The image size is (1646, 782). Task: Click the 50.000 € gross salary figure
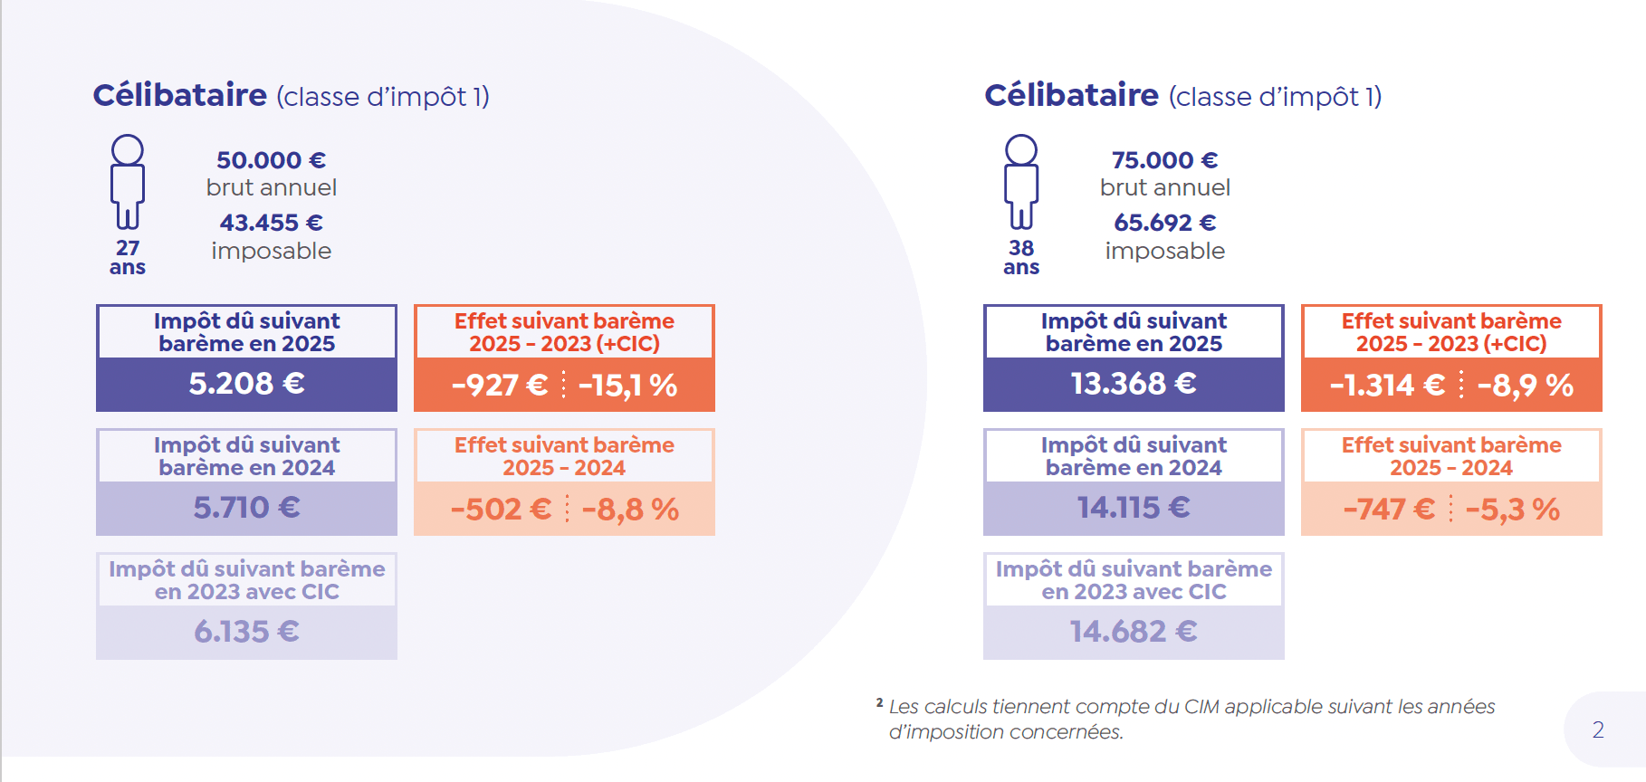(x=271, y=160)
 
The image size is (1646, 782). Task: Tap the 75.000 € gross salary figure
(x=1164, y=160)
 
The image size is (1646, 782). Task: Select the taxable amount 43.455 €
(x=271, y=223)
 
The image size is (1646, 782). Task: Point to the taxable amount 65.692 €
(x=1164, y=223)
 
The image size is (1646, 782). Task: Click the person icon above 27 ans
(x=128, y=181)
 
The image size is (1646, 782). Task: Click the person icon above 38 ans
(x=1021, y=181)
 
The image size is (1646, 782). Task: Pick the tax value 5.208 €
(x=246, y=384)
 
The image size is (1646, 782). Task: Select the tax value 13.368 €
(x=1134, y=384)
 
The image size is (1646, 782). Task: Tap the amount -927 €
(x=500, y=386)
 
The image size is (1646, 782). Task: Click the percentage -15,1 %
(x=627, y=386)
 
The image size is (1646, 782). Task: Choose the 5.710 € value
(x=246, y=508)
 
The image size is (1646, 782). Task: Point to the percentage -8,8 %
(x=630, y=510)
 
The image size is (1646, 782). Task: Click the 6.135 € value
(x=246, y=632)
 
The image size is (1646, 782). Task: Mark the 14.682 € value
(x=1134, y=632)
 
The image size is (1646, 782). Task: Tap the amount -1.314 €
(x=1387, y=386)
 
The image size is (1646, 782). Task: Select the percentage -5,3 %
(x=1512, y=510)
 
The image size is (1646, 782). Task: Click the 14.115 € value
(x=1134, y=508)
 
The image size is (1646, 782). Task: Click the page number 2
(x=1598, y=730)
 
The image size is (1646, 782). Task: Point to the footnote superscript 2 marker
(x=879, y=702)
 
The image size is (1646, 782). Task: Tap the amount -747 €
(x=1389, y=510)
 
